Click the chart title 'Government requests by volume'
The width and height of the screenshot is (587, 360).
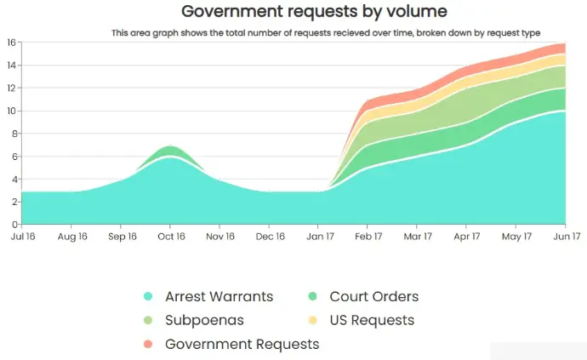pyautogui.click(x=314, y=12)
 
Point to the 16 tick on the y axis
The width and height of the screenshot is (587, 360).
pyautogui.click(x=12, y=43)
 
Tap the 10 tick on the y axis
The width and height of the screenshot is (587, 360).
pyautogui.click(x=12, y=111)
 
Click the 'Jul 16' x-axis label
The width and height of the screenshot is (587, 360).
pyautogui.click(x=23, y=236)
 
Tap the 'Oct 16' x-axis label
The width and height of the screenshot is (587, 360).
pyautogui.click(x=171, y=236)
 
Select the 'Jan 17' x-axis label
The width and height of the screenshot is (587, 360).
pyautogui.click(x=320, y=236)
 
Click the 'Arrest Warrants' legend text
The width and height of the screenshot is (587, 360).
pyautogui.click(x=219, y=297)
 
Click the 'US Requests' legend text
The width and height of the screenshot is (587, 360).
pyautogui.click(x=373, y=321)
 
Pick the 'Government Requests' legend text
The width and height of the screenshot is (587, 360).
pyautogui.click(x=242, y=345)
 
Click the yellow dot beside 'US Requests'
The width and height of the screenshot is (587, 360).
pyautogui.click(x=313, y=321)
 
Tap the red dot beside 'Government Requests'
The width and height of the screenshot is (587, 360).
pyautogui.click(x=148, y=345)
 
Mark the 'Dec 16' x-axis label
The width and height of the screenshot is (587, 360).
pyautogui.click(x=271, y=236)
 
